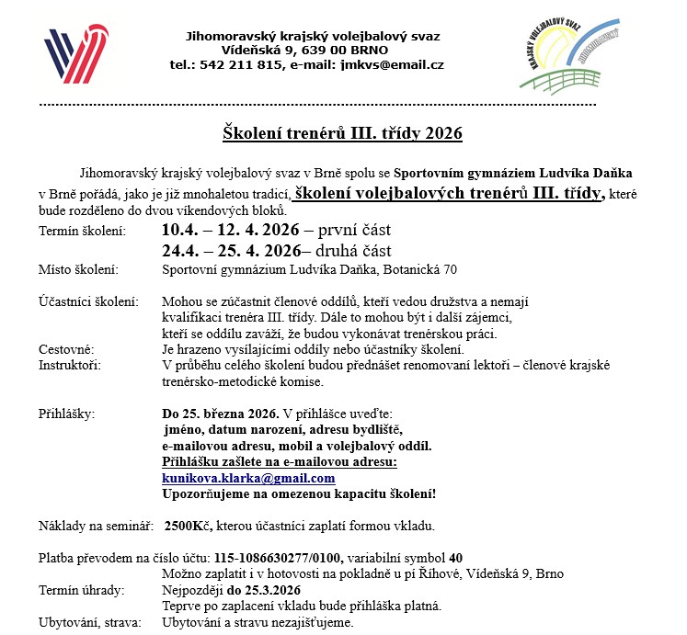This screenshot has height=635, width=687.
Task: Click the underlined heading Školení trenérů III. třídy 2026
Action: click(x=343, y=133)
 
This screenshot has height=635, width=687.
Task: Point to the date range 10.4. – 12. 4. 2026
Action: click(x=231, y=231)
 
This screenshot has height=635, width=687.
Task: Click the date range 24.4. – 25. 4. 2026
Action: click(x=232, y=251)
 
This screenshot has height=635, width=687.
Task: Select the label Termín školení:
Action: click(x=82, y=231)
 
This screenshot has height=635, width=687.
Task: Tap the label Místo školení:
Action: click(x=78, y=269)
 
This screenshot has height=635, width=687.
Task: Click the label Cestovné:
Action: click(x=66, y=349)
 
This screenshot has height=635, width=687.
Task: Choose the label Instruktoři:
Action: click(x=70, y=365)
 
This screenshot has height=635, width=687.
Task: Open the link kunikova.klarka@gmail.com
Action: click(x=248, y=478)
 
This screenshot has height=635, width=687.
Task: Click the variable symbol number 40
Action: click(x=455, y=558)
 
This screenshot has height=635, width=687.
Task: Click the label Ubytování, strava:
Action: click(x=90, y=622)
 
